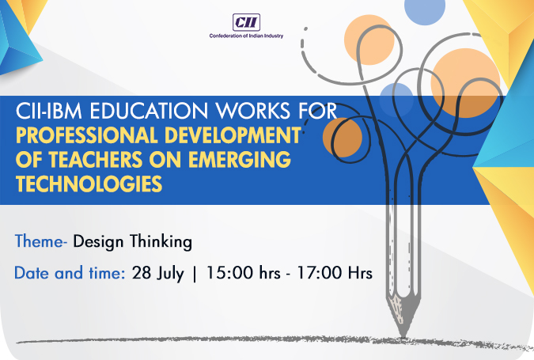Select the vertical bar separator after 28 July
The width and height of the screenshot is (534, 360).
195,274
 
